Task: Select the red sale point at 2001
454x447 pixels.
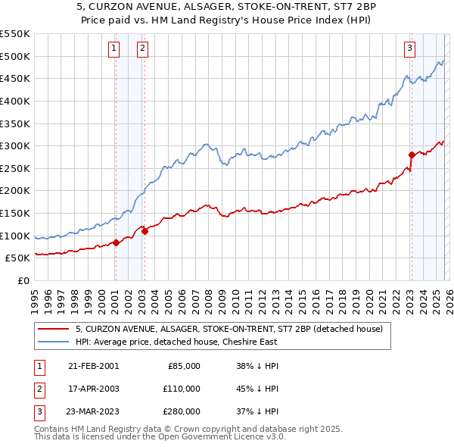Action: click(x=116, y=242)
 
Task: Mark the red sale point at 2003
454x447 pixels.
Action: click(x=145, y=231)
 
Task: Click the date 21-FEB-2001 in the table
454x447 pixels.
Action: click(x=93, y=366)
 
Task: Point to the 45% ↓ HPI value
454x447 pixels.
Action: click(x=257, y=389)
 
